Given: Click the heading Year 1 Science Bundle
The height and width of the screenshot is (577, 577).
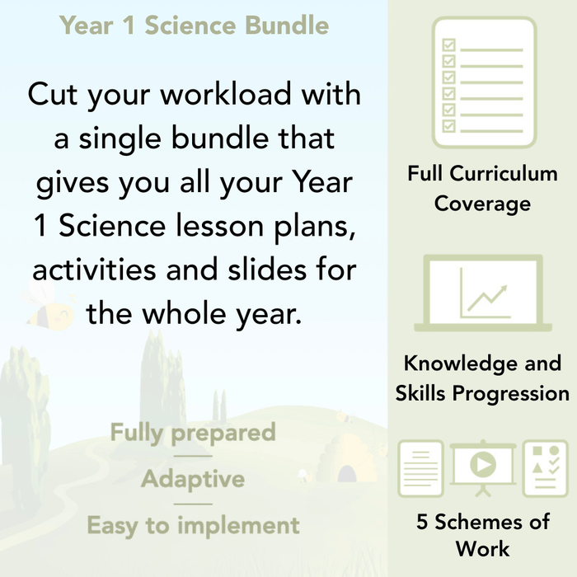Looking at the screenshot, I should point(194,26).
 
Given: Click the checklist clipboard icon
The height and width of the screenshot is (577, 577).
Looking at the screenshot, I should point(484,82).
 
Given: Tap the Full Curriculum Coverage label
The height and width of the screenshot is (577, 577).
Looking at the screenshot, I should point(483,188).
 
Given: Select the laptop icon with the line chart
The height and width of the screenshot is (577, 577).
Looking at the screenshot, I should point(482,293).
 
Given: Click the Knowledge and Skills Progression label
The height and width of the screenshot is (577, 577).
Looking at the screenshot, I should point(482,378).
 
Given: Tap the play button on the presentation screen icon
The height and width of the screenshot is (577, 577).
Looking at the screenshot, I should point(481,466).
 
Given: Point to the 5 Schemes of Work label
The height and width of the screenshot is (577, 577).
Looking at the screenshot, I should point(482,535).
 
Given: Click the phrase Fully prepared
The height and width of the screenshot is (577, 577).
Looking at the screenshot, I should point(193,433).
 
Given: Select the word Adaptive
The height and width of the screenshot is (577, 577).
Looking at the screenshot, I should point(193,479).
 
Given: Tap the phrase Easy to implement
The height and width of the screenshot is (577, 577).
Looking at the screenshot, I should point(193,525).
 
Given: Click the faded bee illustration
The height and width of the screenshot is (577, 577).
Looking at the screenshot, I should point(47,305).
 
